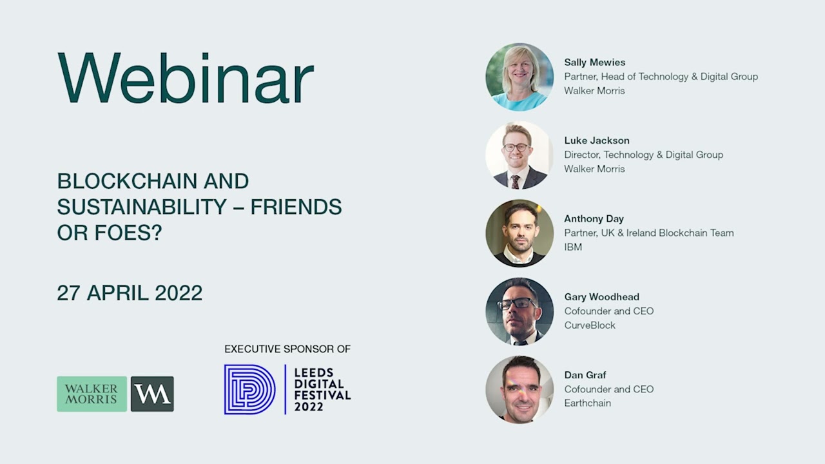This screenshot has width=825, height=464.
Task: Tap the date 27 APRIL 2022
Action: pyautogui.click(x=130, y=293)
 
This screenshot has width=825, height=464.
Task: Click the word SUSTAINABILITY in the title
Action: pyautogui.click(x=142, y=207)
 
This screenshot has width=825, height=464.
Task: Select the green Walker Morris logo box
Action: pyautogui.click(x=92, y=394)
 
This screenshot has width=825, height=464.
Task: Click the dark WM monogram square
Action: pyautogui.click(x=152, y=394)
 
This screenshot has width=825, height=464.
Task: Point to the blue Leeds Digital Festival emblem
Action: pyautogui.click(x=249, y=389)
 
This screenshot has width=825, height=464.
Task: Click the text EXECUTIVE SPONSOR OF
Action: pyautogui.click(x=287, y=349)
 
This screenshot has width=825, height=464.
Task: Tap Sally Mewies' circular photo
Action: pyautogui.click(x=519, y=77)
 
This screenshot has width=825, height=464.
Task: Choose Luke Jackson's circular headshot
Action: pyautogui.click(x=519, y=155)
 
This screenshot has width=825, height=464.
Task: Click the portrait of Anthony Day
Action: pyautogui.click(x=519, y=233)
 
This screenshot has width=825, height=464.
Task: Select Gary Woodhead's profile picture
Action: pyautogui.click(x=519, y=311)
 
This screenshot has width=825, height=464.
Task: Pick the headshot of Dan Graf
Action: pyautogui.click(x=519, y=389)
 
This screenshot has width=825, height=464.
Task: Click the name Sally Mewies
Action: pyautogui.click(x=594, y=63)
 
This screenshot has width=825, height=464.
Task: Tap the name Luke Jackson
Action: pyautogui.click(x=597, y=140)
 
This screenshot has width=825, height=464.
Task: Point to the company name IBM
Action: pyautogui.click(x=573, y=247)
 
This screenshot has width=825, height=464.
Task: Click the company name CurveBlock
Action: pyautogui.click(x=590, y=325)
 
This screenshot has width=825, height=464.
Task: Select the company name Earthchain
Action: pyautogui.click(x=587, y=403)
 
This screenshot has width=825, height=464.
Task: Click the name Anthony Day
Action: pyautogui.click(x=594, y=218)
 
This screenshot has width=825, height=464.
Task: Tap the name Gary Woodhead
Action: pyautogui.click(x=601, y=297)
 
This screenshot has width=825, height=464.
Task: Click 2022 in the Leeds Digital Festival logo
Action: pyautogui.click(x=309, y=407)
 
